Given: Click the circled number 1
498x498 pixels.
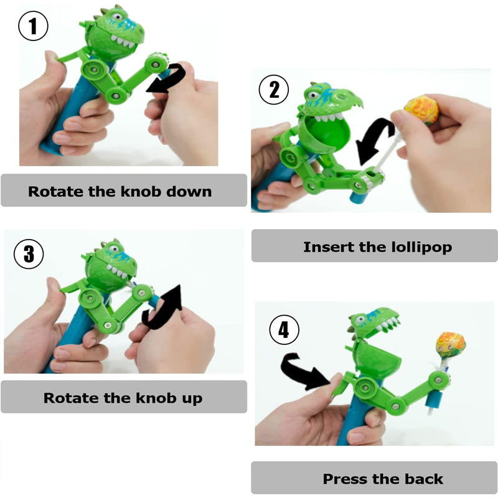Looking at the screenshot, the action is [33, 26].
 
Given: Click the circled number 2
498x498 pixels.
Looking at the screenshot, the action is [274, 90].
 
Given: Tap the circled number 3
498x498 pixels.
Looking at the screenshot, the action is [29, 254].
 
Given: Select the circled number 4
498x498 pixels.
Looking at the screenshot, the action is [284, 330].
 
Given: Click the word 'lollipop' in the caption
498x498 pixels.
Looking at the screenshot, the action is [421, 247].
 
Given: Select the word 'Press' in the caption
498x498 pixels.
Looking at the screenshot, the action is [345, 479].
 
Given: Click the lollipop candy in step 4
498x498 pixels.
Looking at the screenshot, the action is [451, 346].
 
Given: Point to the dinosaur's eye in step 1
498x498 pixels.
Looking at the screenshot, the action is [117, 17].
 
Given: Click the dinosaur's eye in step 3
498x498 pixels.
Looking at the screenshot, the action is [113, 248].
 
